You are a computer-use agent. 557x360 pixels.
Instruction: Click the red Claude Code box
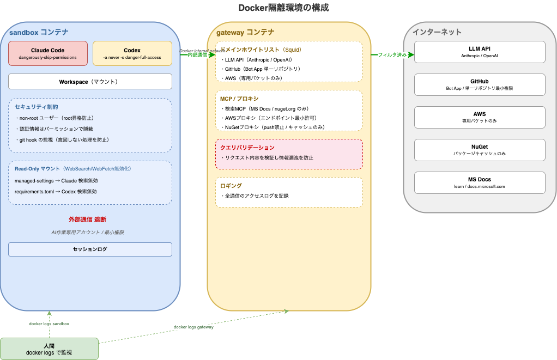(47, 53)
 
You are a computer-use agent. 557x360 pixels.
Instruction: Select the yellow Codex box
(132, 53)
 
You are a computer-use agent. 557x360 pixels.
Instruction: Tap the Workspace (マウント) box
(90, 82)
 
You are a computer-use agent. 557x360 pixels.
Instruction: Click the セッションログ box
(90, 249)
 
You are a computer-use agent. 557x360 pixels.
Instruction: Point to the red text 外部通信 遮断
(87, 219)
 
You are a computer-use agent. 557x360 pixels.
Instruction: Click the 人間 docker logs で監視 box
(49, 349)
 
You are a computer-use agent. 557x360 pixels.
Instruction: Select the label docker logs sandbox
(49, 324)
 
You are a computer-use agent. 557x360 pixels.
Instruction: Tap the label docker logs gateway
(193, 327)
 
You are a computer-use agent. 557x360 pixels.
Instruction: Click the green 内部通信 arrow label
(197, 55)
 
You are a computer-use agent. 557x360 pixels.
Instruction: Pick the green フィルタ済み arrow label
(392, 55)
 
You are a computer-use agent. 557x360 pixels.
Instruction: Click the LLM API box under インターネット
(480, 52)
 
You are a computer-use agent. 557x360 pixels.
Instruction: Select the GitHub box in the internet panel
(480, 84)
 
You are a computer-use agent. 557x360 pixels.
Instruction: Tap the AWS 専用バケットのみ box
(480, 117)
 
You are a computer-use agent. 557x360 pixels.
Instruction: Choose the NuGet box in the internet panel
(480, 150)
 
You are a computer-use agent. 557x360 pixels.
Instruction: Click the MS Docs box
(480, 182)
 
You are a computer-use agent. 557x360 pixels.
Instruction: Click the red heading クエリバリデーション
(247, 148)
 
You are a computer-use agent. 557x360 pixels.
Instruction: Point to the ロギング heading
(231, 186)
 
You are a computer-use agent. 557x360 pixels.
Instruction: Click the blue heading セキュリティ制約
(36, 107)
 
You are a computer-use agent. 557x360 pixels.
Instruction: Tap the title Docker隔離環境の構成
(283, 8)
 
